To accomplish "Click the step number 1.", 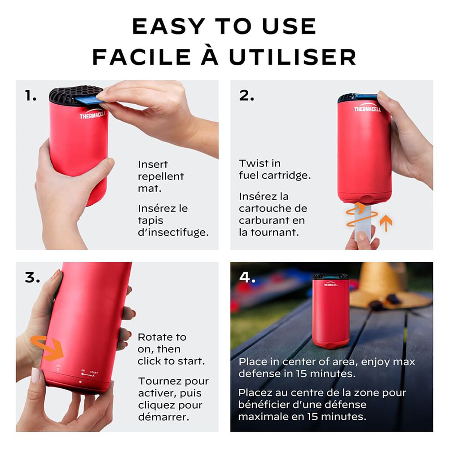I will (x=31, y=96).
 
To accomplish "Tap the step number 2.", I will (x=246, y=96).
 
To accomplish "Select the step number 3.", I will (x=32, y=277).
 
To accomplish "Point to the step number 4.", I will (x=247, y=277).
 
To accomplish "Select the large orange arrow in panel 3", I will (x=47, y=348).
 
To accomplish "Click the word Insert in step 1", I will (x=153, y=164).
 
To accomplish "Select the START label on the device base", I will (x=93, y=372).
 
